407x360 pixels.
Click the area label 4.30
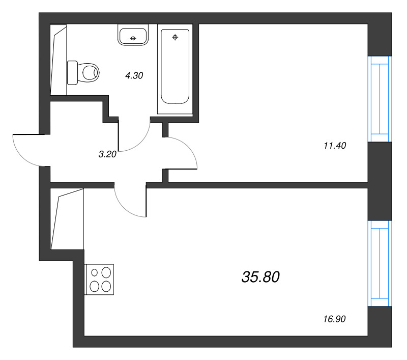pyautogui.click(x=134, y=76)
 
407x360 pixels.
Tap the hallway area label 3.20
pyautogui.click(x=108, y=154)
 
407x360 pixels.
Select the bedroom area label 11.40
pyautogui.click(x=334, y=146)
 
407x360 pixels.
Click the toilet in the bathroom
pyautogui.click(x=86, y=72)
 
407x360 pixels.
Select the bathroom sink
pyautogui.click(x=133, y=36)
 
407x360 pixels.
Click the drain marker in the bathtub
pyautogui.click(x=175, y=37)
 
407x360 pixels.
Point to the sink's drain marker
pyautogui.click(x=133, y=38)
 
